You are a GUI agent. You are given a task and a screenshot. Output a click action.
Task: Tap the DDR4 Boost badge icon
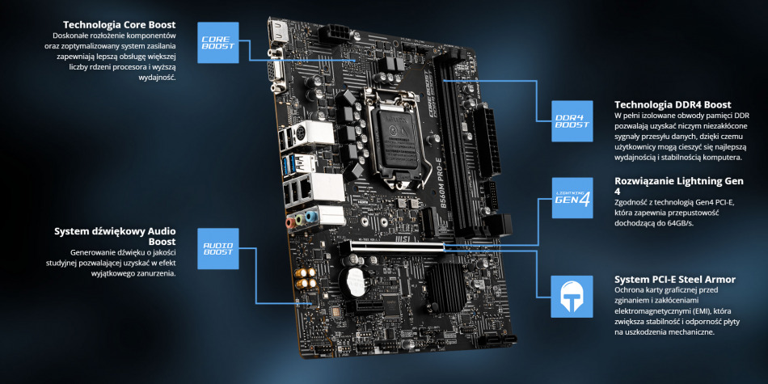[572, 120]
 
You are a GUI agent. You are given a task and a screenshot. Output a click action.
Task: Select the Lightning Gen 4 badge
[572, 198]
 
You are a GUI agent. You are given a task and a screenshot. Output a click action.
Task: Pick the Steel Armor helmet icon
[572, 296]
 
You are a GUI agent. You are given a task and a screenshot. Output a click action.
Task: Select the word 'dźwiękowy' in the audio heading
[113, 231]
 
